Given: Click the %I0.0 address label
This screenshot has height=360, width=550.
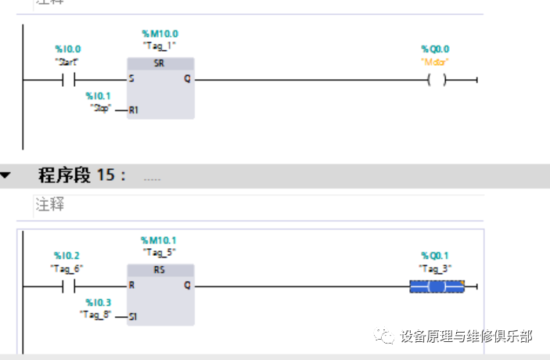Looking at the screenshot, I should tap(67, 49).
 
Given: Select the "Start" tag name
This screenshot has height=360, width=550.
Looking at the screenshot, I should tap(67, 61).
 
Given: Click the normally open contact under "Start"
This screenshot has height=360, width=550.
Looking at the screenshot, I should tap(68, 79).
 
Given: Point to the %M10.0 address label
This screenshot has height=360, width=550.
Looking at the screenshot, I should tap(160, 34).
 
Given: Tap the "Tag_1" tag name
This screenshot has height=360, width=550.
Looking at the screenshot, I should tap(160, 45).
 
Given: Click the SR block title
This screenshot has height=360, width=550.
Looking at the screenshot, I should tap(159, 63).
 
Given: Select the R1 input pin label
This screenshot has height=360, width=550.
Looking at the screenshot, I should tap(133, 110).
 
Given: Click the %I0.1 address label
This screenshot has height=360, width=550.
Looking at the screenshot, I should tap(99, 95).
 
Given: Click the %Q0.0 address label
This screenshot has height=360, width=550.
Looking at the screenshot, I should tap(435, 49).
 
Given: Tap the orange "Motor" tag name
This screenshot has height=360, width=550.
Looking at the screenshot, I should tap(435, 61).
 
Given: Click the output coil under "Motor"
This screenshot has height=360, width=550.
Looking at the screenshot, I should tap(437, 79).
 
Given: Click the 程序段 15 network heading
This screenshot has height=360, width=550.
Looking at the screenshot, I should tap(81, 175).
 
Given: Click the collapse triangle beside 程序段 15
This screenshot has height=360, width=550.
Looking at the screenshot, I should tap(6, 175).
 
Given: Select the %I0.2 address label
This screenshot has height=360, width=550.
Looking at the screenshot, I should tap(67, 256).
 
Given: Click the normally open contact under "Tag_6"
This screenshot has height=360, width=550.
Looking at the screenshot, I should tap(67, 286).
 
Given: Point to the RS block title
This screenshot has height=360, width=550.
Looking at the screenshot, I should tap(159, 270).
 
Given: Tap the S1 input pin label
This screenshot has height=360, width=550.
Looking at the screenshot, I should tap(133, 316).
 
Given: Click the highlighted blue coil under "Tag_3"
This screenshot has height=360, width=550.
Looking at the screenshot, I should tap(437, 286).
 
